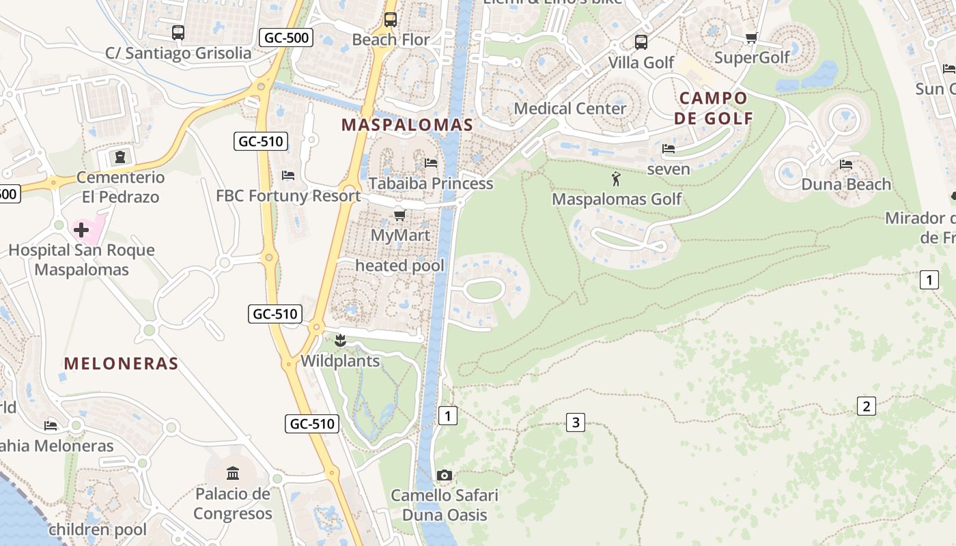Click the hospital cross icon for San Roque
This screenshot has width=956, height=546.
tap(81, 229)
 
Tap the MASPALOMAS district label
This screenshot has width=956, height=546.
tap(407, 125)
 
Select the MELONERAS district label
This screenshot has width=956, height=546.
tap(121, 364)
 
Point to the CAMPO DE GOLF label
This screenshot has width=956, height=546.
tap(714, 108)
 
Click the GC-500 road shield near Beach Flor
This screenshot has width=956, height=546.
tap(287, 38)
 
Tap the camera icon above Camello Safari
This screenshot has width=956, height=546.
tap(444, 475)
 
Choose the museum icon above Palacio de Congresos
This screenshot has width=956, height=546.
tap(233, 473)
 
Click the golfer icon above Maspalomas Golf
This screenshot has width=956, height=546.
tap(616, 179)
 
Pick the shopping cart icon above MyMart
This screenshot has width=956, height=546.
tap(400, 216)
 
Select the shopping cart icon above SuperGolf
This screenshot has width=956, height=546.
tap(751, 38)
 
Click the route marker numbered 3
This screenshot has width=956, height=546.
tap(576, 422)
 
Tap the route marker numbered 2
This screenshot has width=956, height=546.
tap(866, 406)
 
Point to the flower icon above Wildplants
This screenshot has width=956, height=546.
tap(340, 340)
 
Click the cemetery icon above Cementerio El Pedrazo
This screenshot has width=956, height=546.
tap(121, 157)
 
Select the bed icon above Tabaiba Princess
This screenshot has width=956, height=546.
tap(431, 162)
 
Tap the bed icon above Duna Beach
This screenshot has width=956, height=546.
tap(846, 164)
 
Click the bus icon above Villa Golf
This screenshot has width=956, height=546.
tap(641, 42)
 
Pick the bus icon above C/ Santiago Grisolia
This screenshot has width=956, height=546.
tap(178, 32)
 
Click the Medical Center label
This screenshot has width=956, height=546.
tap(570, 109)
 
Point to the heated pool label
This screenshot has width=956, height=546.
tap(399, 265)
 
